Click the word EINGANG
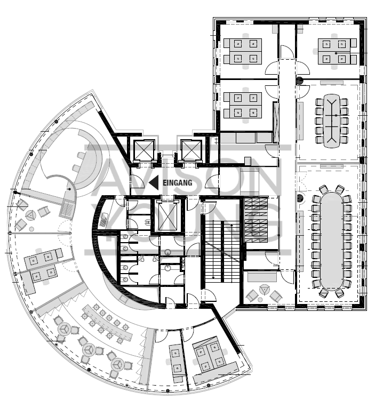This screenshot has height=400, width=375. tap(177, 183)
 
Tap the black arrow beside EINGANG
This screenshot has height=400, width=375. tap(153, 183)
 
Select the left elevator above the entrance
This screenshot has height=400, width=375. tap(144, 150)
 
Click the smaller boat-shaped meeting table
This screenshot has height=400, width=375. tap(331, 121)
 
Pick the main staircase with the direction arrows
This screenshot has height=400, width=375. tap(222, 240)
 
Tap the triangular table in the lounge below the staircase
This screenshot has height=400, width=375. tap(263, 291)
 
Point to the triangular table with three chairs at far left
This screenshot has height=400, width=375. tap(30, 214)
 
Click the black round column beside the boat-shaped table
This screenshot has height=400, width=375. tap(300, 81)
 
